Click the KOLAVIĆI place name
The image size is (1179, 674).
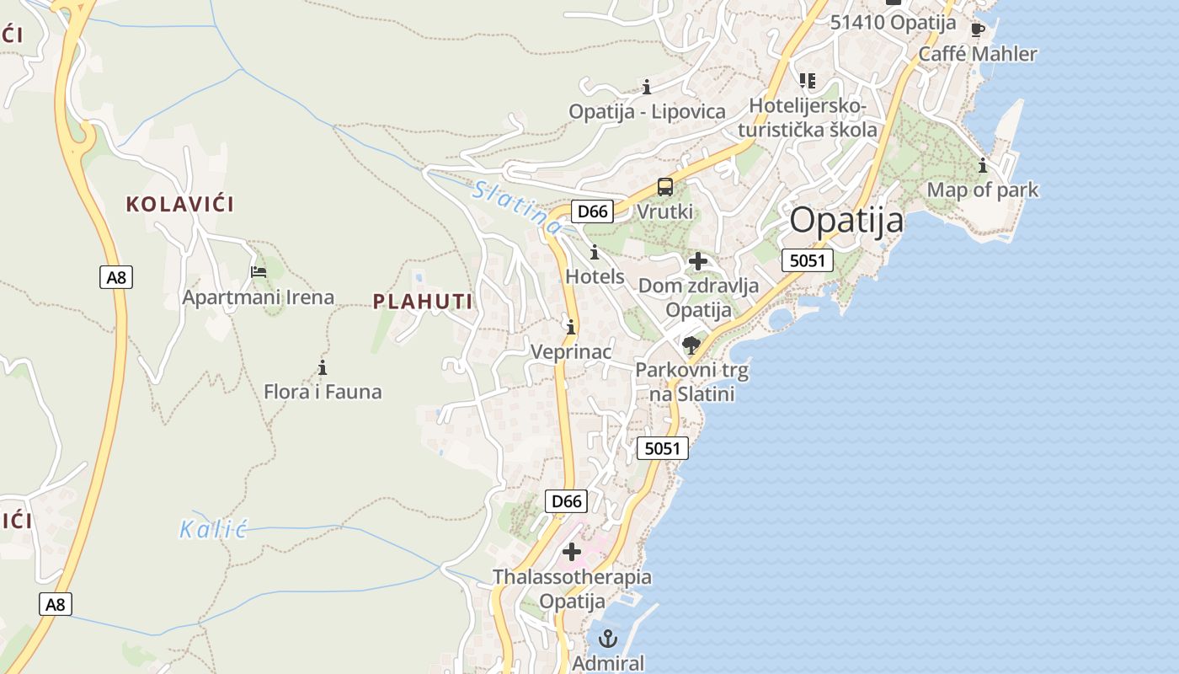[x=179, y=204]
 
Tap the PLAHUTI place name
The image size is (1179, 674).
[x=423, y=301]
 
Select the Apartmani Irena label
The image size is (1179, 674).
[x=259, y=297]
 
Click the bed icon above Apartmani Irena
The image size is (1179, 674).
[x=259, y=272]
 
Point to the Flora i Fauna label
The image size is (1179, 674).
[x=323, y=392]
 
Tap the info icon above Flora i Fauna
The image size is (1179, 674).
[x=322, y=367]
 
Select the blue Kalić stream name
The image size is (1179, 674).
[x=213, y=529]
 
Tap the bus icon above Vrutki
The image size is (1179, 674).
[x=665, y=186]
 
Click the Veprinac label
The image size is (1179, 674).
[x=571, y=351]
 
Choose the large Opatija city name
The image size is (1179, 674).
[x=846, y=221]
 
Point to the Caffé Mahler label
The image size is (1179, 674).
[x=978, y=54]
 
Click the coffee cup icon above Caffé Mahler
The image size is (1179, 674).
[x=978, y=30]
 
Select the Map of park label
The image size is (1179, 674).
[x=983, y=190]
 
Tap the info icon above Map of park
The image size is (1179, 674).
[x=982, y=165]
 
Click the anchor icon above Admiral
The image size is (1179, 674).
[x=607, y=639]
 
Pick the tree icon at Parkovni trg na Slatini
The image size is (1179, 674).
[x=691, y=345]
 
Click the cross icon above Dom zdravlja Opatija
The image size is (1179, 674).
[x=697, y=261]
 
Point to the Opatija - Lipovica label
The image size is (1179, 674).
[x=647, y=111]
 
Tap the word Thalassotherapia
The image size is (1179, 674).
[x=572, y=577]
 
